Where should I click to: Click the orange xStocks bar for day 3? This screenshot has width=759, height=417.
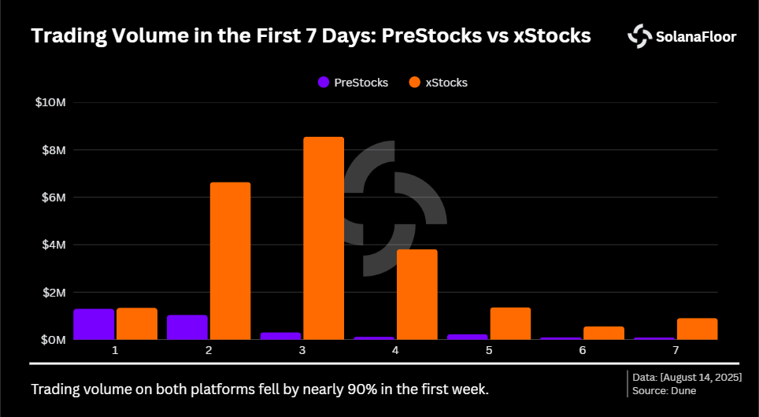point(324,238)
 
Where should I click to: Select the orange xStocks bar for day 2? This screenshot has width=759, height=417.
point(230,261)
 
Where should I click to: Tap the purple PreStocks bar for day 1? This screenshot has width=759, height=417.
point(94,324)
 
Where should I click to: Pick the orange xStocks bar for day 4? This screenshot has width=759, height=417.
point(417,294)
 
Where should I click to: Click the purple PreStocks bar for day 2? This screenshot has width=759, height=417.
point(187,327)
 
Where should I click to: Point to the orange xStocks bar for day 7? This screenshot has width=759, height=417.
point(697,329)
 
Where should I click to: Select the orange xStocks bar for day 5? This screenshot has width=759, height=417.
point(510,323)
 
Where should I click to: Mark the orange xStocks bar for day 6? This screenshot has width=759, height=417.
point(603,333)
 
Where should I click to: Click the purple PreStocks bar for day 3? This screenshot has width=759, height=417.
point(280,336)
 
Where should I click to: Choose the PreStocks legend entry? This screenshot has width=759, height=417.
point(352,82)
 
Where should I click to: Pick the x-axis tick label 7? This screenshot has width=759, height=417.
point(676,349)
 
